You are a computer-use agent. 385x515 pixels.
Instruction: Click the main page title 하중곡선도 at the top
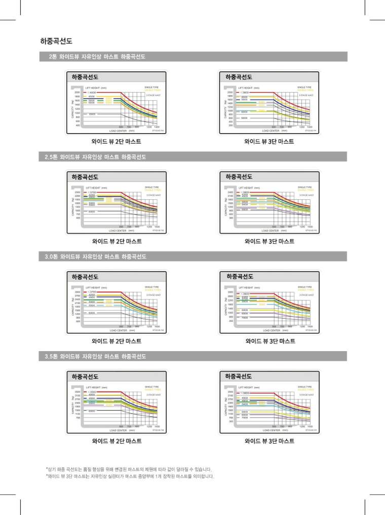[x=56, y=40]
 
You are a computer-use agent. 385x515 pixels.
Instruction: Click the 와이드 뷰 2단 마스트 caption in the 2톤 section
[x=117, y=142]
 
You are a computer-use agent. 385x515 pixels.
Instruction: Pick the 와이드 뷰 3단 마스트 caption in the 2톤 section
[x=269, y=142]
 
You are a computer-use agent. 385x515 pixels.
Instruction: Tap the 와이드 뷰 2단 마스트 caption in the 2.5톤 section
[x=117, y=241]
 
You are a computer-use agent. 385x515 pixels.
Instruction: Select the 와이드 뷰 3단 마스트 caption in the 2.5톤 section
[x=269, y=241]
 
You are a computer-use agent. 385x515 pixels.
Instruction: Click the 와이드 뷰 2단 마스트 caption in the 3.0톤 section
[x=117, y=341]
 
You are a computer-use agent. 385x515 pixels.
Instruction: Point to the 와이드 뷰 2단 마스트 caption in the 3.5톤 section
[x=117, y=441]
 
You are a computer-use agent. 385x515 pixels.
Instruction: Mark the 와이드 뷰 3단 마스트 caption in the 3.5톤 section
[x=269, y=441]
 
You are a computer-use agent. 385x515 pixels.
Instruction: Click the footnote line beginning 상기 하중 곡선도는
[x=129, y=469]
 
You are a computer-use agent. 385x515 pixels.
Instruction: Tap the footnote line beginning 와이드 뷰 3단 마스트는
[x=130, y=476]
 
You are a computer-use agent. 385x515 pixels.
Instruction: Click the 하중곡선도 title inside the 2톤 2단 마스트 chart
[x=85, y=77]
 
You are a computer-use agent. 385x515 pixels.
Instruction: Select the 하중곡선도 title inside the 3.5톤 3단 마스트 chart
[x=239, y=377]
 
